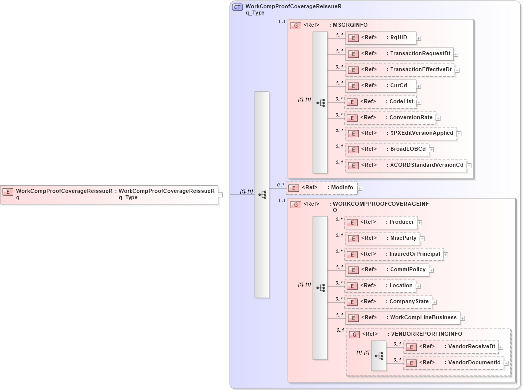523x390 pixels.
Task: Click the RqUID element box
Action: (x=381, y=38)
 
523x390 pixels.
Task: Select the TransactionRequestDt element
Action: (x=398, y=54)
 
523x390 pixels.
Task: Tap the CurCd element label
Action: (x=398, y=86)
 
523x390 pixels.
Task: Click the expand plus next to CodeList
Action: (x=419, y=102)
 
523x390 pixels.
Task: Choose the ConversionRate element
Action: (x=390, y=118)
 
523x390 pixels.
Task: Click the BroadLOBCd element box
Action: (x=387, y=149)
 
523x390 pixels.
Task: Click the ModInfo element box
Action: (x=322, y=188)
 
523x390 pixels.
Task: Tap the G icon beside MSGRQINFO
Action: (x=296, y=25)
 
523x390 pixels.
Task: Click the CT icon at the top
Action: (x=238, y=7)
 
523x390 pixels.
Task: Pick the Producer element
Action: (x=381, y=222)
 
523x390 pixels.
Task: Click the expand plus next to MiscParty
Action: (x=422, y=238)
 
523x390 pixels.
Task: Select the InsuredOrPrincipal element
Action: (x=393, y=254)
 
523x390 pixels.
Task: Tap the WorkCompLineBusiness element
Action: (x=402, y=318)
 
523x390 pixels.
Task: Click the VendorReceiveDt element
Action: (x=450, y=347)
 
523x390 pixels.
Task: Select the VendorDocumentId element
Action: (x=453, y=363)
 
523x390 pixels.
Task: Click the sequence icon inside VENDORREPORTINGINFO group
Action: (x=379, y=356)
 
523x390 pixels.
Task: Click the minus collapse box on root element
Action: (x=220, y=195)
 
